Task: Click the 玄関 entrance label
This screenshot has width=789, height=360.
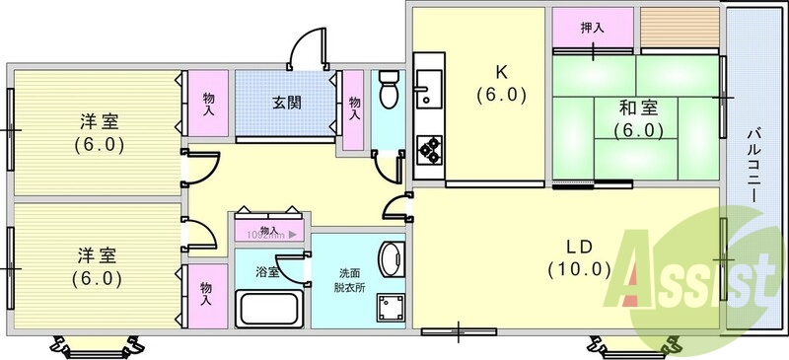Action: click(286, 102)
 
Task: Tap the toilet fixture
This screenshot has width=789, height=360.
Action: click(388, 91)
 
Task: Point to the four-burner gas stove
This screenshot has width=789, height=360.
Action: click(431, 149)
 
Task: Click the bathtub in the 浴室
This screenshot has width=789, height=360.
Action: click(268, 308)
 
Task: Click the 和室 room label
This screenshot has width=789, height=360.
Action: click(639, 108)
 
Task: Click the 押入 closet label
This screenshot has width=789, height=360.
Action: click(592, 28)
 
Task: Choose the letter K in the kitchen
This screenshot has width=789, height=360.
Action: click(500, 72)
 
